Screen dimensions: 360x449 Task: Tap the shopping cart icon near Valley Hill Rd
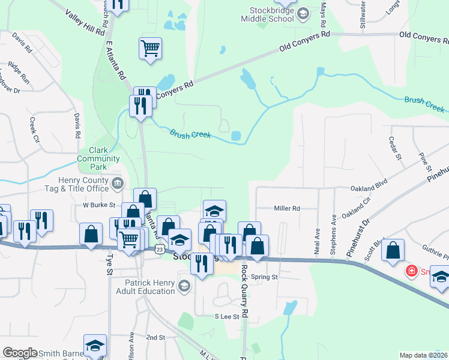(150, 47)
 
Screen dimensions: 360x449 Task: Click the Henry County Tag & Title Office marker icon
(118, 182)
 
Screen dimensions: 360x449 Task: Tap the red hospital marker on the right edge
(411, 271)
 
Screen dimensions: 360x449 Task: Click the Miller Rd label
(286, 208)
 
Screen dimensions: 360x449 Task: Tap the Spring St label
(264, 277)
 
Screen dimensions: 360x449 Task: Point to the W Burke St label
(98, 205)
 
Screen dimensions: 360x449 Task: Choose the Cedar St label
(395, 149)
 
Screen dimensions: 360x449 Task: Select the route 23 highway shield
(159, 248)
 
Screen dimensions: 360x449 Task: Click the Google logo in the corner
(20, 353)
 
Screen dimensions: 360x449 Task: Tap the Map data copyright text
(424, 355)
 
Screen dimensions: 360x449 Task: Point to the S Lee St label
(227, 316)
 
